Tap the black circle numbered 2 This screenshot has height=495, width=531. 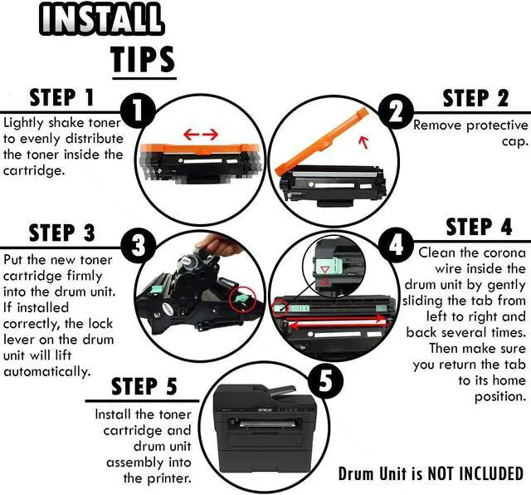tap(396, 111)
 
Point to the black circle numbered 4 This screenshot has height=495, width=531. tap(396, 244)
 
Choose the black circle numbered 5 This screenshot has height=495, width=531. tap(325, 380)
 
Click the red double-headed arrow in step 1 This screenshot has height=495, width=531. tap(201, 135)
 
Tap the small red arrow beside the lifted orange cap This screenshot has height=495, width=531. tap(363, 142)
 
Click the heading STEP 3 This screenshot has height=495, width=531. tap(62, 233)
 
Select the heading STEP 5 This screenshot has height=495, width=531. tap(144, 386)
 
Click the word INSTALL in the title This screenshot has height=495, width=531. tap(102, 18)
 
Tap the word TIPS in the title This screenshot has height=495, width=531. tap(144, 59)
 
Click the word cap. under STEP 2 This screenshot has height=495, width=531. tap(514, 141)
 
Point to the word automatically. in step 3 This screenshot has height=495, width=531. tap(47, 371)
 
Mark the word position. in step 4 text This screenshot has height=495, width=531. tap(500, 396)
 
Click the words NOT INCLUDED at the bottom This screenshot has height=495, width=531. tap(475, 473)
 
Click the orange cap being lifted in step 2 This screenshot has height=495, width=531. tap(321, 140)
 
